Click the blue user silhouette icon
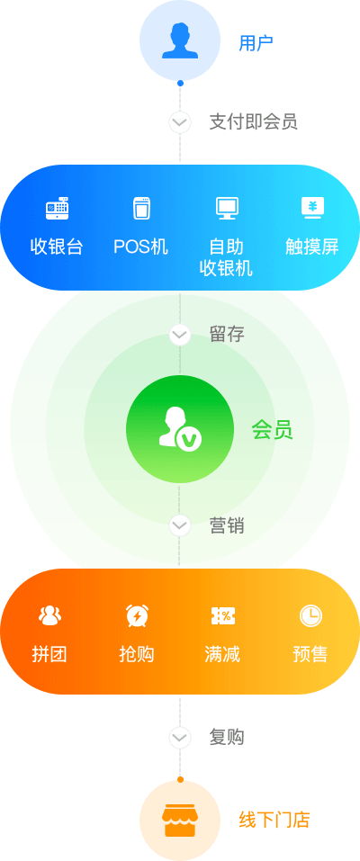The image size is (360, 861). (x=180, y=40)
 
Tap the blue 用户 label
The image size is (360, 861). (x=256, y=42)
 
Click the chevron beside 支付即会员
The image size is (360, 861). (x=180, y=121)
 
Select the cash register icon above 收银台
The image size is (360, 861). (x=58, y=209)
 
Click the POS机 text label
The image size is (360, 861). (x=140, y=247)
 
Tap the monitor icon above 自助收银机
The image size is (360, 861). (x=227, y=209)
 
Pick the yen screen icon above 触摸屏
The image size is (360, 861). (x=312, y=208)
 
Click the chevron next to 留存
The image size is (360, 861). (x=180, y=335)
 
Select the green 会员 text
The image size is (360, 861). (x=272, y=430)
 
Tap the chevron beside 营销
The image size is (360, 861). (x=180, y=525)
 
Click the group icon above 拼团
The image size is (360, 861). (x=50, y=616)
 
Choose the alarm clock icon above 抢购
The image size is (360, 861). (x=136, y=615)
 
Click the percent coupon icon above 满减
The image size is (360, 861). (x=223, y=616)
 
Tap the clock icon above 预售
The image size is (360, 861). (x=310, y=616)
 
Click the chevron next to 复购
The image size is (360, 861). (x=180, y=738)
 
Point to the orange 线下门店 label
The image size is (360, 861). (x=274, y=821)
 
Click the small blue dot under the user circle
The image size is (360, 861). (x=180, y=84)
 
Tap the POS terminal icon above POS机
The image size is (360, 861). (x=142, y=209)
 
